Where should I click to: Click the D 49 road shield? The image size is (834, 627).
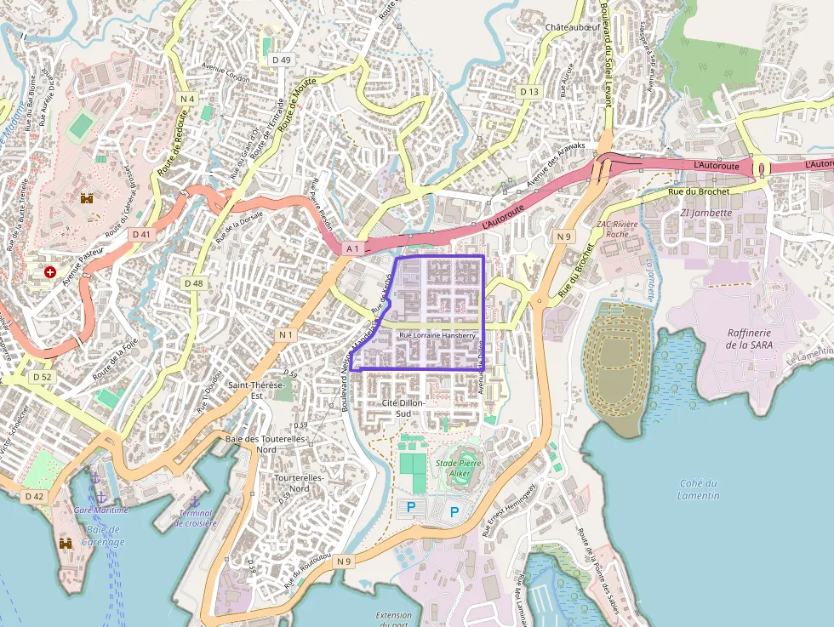click(x=280, y=60)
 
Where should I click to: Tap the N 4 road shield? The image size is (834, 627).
click(x=187, y=99)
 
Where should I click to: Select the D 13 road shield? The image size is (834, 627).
click(x=529, y=91)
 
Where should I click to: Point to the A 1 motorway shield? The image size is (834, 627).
click(x=353, y=248)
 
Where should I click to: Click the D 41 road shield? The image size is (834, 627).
click(x=141, y=233)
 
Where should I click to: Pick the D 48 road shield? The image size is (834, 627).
click(x=193, y=282)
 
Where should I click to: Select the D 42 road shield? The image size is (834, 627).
click(x=34, y=496)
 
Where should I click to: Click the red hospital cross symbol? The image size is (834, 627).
click(x=50, y=272)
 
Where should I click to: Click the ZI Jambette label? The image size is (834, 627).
click(x=705, y=213)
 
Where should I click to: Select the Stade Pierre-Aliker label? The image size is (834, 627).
click(x=459, y=468)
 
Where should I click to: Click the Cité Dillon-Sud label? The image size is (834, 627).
click(x=403, y=408)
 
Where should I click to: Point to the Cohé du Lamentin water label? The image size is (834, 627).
click(x=700, y=489)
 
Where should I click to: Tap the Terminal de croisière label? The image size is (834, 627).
click(x=195, y=518)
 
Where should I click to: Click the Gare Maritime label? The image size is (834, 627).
click(x=100, y=510)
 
